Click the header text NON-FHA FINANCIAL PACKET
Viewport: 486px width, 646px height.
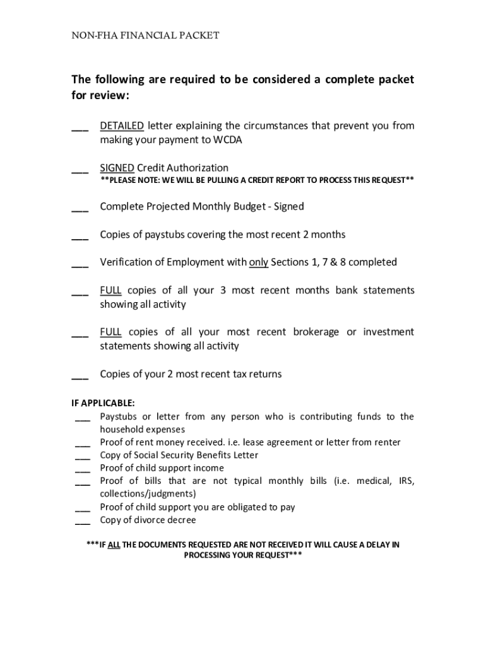point(145,35)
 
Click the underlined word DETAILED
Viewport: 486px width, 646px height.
point(122,126)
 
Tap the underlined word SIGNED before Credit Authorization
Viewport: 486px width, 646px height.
point(117,168)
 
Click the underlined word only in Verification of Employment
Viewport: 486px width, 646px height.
point(259,262)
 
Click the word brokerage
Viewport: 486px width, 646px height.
point(316,332)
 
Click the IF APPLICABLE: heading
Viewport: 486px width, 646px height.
point(103,403)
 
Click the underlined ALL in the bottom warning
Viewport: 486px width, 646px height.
point(114,544)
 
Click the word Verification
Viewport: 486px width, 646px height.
point(128,262)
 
